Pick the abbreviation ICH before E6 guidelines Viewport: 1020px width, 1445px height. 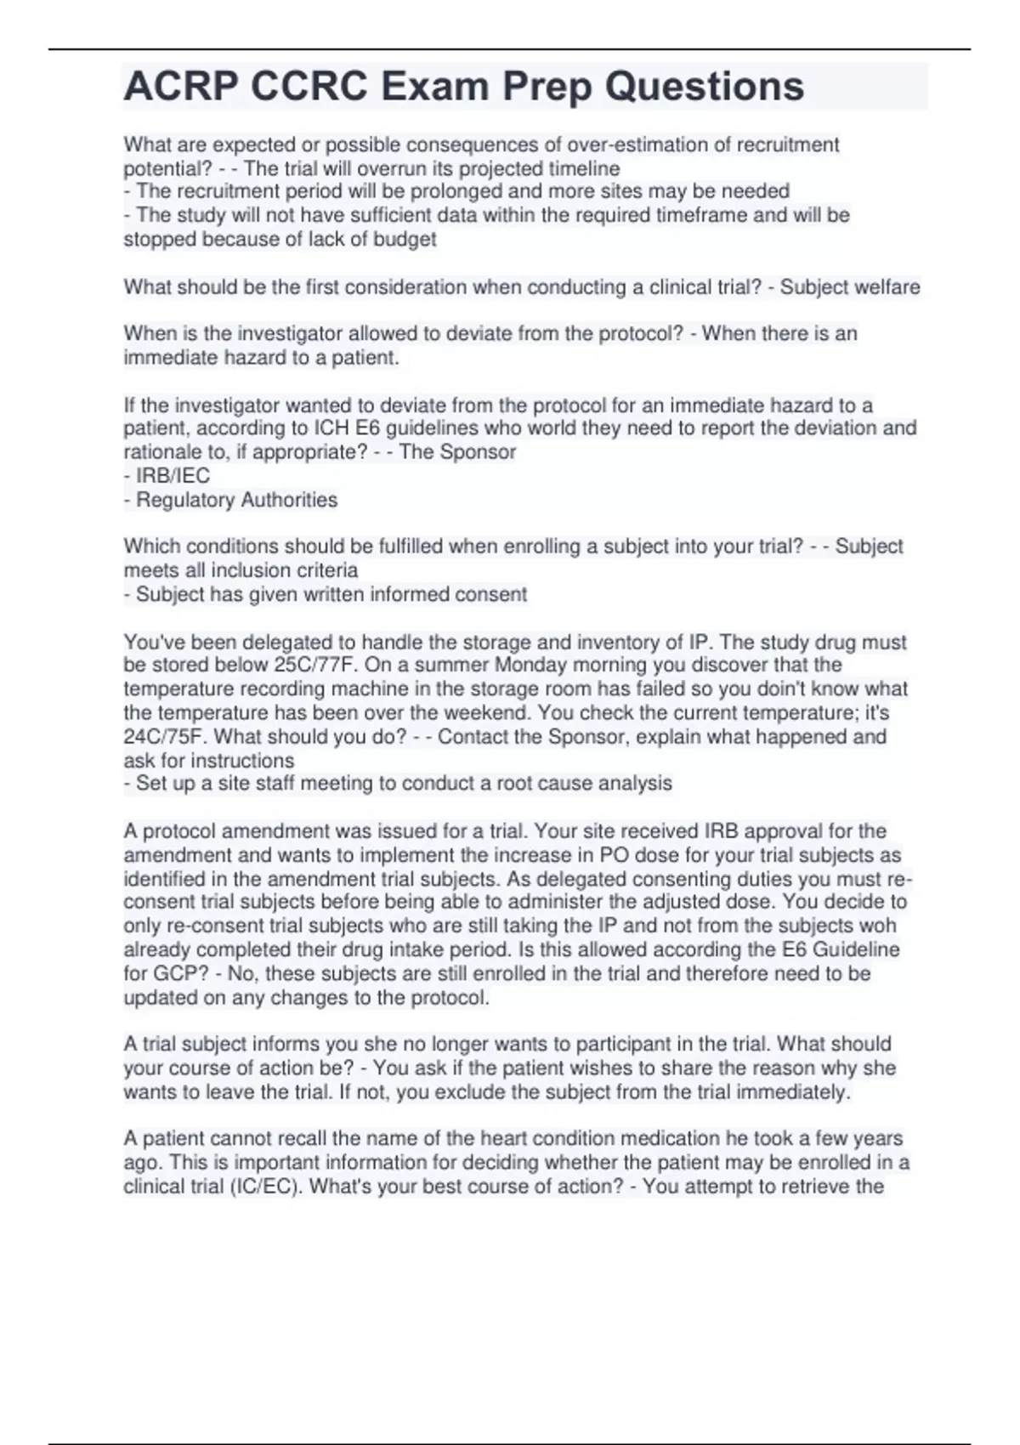(x=334, y=428)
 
